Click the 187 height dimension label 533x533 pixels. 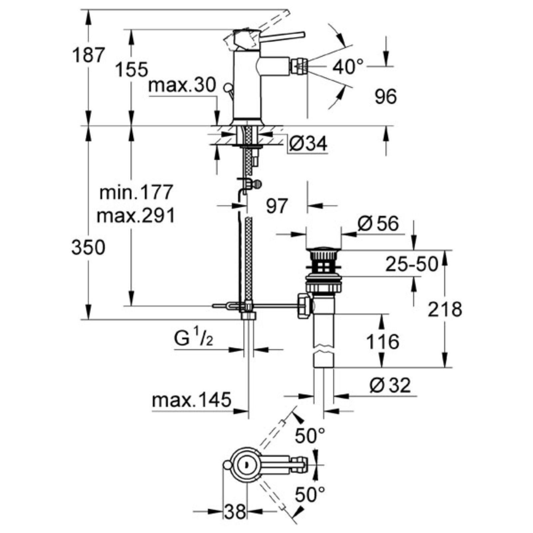pyautogui.click(x=89, y=55)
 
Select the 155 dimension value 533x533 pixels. pyautogui.click(x=132, y=70)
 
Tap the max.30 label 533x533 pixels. pyautogui.click(x=183, y=86)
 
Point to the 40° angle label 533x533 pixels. pyautogui.click(x=348, y=67)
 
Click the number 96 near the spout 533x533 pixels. pyautogui.click(x=386, y=97)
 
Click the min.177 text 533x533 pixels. pyautogui.click(x=137, y=192)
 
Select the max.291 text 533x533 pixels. pyautogui.click(x=136, y=216)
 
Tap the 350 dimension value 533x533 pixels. pyautogui.click(x=88, y=248)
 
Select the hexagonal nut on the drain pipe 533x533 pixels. pyautogui.click(x=304, y=305)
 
